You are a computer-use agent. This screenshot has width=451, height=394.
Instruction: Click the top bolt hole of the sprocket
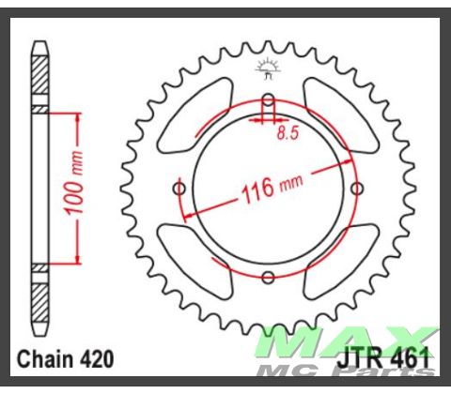[268, 99]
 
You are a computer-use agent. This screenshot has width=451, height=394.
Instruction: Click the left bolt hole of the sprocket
[179, 189]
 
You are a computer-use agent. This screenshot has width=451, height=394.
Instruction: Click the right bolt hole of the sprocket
[357, 189]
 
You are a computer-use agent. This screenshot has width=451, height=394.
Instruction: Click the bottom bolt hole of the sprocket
[268, 278]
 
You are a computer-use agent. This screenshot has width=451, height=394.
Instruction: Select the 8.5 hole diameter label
[288, 133]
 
